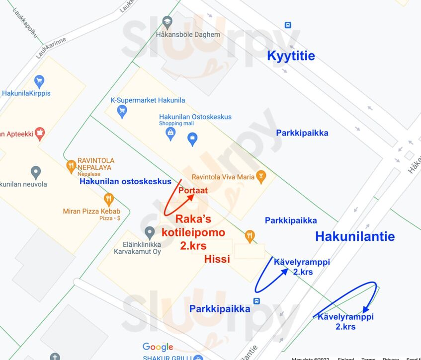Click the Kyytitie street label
point(291,56)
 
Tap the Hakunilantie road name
point(355,236)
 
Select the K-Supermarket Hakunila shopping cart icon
point(122,112)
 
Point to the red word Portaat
point(193,190)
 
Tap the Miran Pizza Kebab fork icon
point(109,200)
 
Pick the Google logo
point(158,347)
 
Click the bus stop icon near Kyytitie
point(288,25)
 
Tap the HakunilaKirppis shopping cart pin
point(39,81)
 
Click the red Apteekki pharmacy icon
point(39,133)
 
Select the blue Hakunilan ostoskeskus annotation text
point(125,182)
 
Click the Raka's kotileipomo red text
point(193,232)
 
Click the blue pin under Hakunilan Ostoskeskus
point(192,140)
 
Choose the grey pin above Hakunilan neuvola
point(35,173)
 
